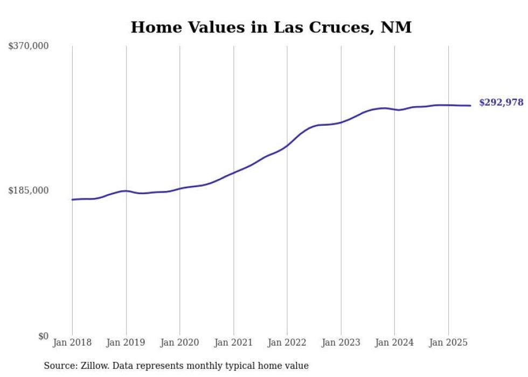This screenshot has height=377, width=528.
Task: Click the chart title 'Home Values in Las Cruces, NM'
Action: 271,28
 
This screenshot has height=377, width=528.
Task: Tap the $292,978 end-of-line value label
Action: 501,102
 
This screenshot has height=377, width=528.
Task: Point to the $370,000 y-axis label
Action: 29,46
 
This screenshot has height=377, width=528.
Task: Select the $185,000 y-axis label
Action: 29,190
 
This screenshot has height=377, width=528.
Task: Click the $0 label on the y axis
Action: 43,337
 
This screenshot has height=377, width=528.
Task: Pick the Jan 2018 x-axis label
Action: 72,342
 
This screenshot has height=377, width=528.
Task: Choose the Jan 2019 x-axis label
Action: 126,342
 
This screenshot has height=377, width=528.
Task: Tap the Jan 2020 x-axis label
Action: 180,342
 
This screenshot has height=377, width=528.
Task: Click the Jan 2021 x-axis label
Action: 233,342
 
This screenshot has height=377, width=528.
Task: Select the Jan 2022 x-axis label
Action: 287,342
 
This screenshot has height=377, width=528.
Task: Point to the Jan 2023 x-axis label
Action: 341,342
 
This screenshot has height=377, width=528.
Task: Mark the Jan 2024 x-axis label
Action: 394,342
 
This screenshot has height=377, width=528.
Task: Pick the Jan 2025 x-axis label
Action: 448,342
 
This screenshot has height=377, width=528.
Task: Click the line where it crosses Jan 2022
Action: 287,145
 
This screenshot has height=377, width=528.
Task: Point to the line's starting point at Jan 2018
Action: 72,200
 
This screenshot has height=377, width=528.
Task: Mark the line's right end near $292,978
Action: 470,106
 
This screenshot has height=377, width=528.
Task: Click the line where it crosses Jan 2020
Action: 180,189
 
